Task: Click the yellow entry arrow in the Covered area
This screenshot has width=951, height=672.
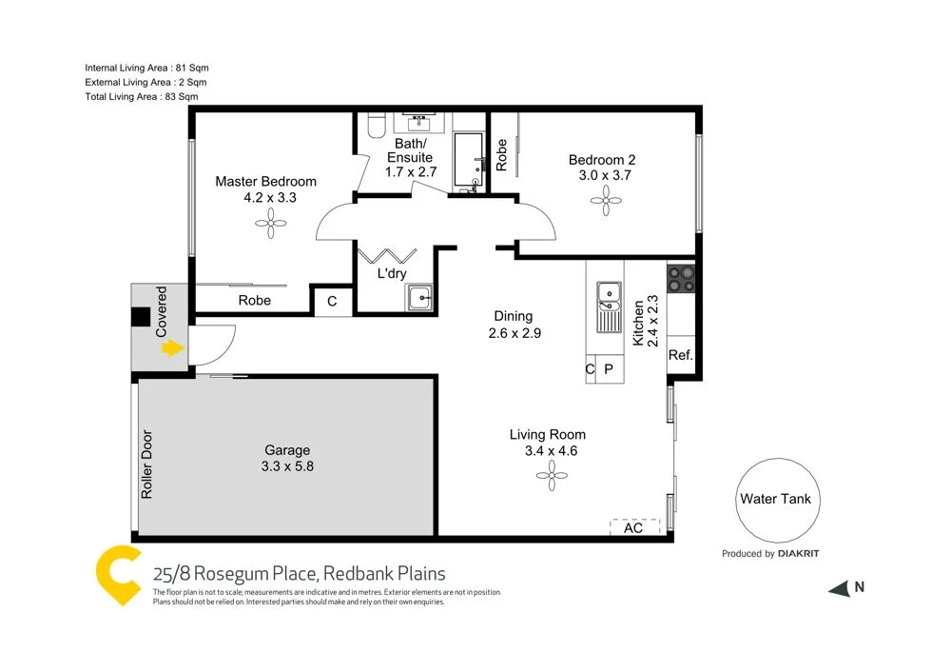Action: pyautogui.click(x=171, y=348)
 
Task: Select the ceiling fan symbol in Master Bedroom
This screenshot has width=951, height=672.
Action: pyautogui.click(x=271, y=225)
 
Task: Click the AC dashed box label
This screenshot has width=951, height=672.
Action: pyautogui.click(x=633, y=526)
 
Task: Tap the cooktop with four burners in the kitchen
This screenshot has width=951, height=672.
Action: pyautogui.click(x=681, y=278)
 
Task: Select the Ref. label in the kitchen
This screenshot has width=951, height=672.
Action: pyautogui.click(x=681, y=355)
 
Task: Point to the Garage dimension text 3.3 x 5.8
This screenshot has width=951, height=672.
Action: pyautogui.click(x=287, y=466)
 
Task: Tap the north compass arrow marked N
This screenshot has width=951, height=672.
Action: pyautogui.click(x=839, y=588)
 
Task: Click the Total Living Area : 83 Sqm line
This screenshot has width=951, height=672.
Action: pyautogui.click(x=142, y=97)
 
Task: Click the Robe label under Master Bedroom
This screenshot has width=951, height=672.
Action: pyautogui.click(x=254, y=300)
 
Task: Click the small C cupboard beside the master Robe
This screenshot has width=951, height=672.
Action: pyautogui.click(x=331, y=301)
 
